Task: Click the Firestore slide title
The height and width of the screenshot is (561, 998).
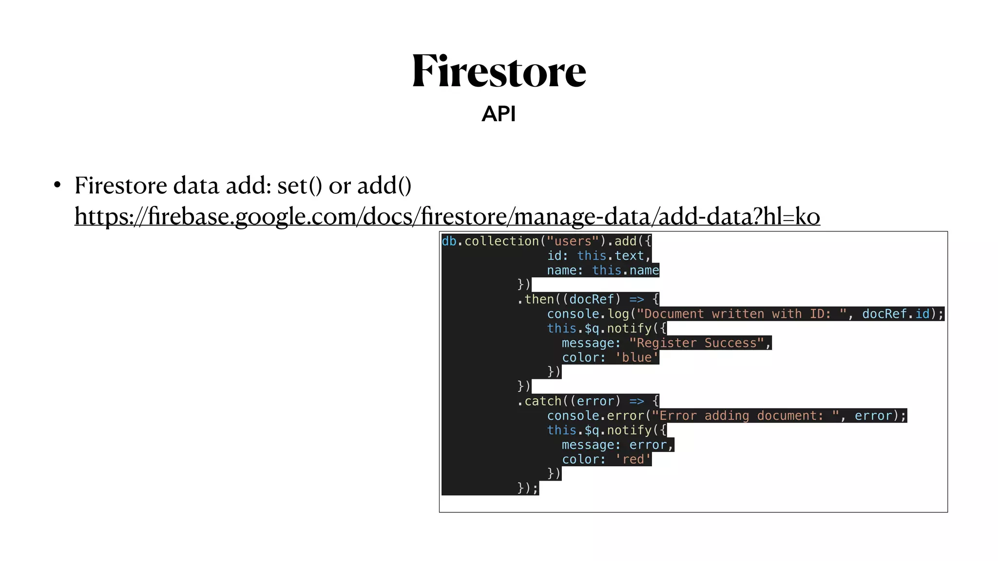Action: pos(499,72)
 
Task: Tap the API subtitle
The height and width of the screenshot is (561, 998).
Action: pos(498,114)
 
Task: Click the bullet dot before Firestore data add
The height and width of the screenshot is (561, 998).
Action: pos(58,186)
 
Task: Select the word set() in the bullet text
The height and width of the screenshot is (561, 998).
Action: pos(299,186)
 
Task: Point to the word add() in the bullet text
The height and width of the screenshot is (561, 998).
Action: pos(384,186)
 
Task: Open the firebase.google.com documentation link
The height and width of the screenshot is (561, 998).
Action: pos(447,216)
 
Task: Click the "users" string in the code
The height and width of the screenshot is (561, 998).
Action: pos(573,241)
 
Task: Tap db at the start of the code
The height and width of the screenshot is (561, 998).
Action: pos(449,241)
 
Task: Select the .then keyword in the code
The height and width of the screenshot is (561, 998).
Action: pos(536,299)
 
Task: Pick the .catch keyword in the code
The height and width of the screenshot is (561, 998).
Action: pos(539,401)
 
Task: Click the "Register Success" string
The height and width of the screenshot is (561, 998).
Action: pos(696,343)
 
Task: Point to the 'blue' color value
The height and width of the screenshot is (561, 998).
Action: pos(636,357)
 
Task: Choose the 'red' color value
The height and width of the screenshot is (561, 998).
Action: pos(633,459)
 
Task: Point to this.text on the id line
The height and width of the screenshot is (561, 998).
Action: pos(611,256)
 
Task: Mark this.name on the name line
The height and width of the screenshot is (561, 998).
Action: pos(625,270)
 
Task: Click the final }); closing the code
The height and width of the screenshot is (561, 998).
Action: pos(528,488)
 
